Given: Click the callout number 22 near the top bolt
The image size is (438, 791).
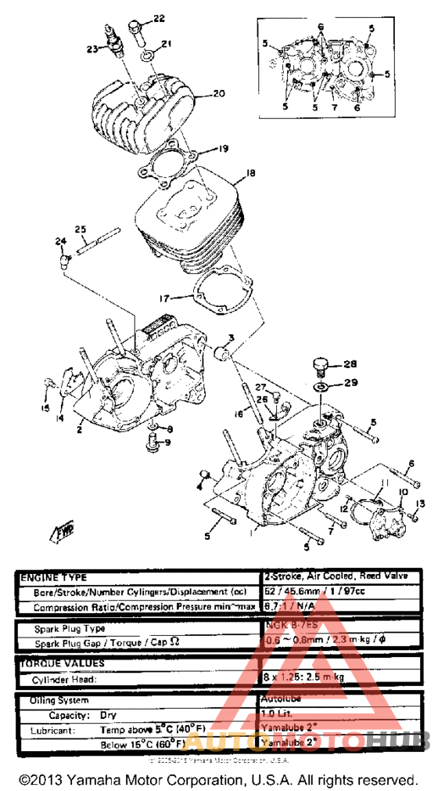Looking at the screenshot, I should pyautogui.click(x=159, y=17).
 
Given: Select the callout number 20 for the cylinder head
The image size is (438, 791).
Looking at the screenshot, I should pyautogui.click(x=218, y=94).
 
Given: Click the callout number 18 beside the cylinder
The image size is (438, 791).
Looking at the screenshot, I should pyautogui.click(x=250, y=173).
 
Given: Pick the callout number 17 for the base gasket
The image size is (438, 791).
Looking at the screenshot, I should pyautogui.click(x=162, y=298).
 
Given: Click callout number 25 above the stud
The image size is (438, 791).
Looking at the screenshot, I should pyautogui.click(x=80, y=229).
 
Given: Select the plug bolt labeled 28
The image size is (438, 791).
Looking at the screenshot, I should pyautogui.click(x=319, y=367).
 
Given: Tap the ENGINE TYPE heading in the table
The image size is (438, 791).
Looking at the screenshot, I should pyautogui.click(x=54, y=576).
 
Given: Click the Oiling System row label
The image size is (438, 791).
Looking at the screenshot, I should pyautogui.click(x=59, y=699).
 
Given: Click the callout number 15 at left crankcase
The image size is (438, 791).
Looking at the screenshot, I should pyautogui.click(x=45, y=408).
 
